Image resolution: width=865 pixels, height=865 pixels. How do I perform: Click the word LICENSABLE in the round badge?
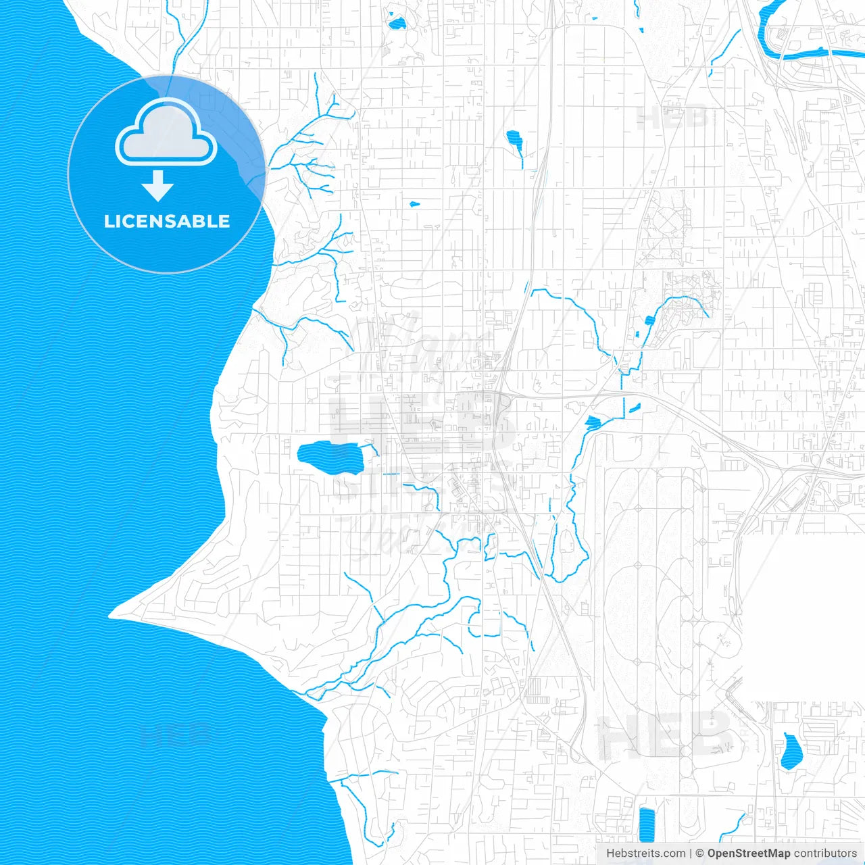tap(167, 222)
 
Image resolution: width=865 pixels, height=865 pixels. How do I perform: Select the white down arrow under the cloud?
tap(157, 187)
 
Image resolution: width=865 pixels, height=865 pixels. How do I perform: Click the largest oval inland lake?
tap(329, 459)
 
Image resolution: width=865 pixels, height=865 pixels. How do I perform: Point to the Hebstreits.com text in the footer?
tap(645, 854)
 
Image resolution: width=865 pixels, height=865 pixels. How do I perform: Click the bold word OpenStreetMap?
tap(748, 854)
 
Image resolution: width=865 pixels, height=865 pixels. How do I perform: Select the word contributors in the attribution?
tap(825, 854)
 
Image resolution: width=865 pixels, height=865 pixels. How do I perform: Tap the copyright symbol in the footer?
tap(700, 854)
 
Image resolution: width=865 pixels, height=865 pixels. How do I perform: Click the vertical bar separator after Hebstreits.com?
tap(691, 854)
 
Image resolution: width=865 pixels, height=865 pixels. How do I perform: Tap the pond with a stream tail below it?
tap(515, 141)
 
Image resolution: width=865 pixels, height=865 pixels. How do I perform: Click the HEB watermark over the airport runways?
tap(666, 735)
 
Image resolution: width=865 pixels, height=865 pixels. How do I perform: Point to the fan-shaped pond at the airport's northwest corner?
tap(593, 423)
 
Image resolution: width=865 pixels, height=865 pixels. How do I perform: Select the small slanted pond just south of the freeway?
tap(634, 408)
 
